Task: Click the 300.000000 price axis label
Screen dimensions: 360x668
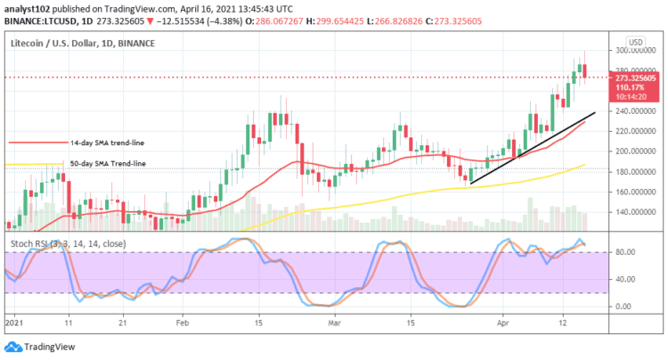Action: pyautogui.click(x=630, y=51)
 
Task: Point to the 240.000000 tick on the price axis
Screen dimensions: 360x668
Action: pyautogui.click(x=630, y=111)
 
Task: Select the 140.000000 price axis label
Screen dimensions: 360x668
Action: pyautogui.click(x=630, y=212)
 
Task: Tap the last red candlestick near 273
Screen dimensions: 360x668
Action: pyautogui.click(x=584, y=70)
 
